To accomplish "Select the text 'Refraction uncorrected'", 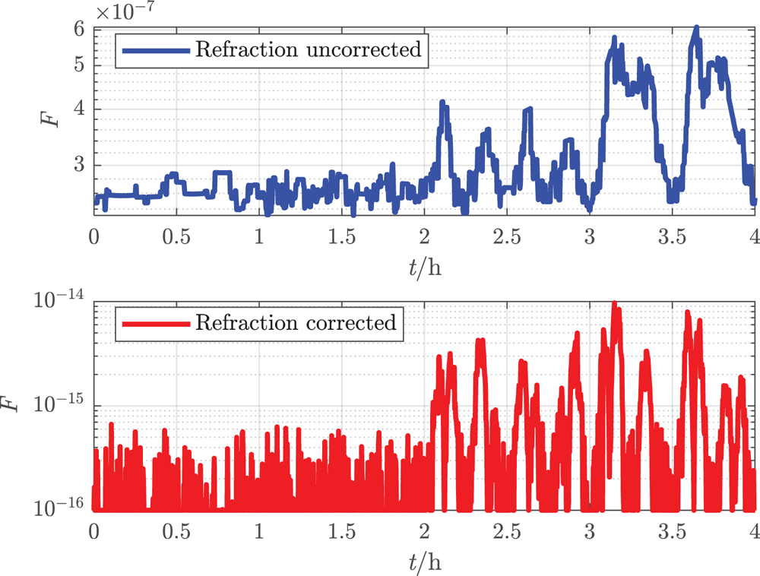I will click(308, 51).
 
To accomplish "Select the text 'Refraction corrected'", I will click(296, 323).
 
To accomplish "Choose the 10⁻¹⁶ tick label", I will click(63, 509).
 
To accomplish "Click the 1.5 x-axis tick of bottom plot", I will click(341, 529).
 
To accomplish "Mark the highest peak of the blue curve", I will click(695, 28).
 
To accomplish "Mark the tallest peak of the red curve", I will click(614, 303).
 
